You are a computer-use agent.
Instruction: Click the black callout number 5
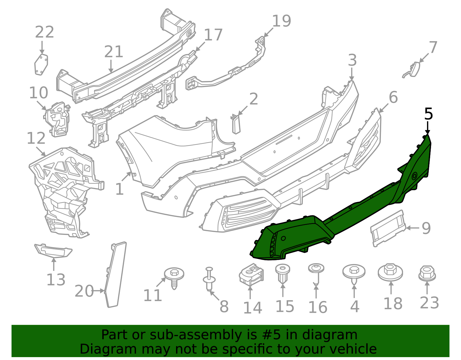click(428, 114)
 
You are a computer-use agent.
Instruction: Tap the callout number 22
click(44, 32)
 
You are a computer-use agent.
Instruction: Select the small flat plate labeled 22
click(41, 65)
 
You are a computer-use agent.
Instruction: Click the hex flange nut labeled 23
click(427, 274)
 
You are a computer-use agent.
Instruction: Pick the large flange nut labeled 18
click(390, 272)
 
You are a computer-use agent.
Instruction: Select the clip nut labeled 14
click(251, 274)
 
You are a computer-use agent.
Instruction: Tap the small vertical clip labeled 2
click(236, 124)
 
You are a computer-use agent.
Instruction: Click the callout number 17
click(213, 35)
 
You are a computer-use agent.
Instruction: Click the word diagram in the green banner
click(336, 335)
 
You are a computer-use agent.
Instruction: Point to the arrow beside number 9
click(412, 228)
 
